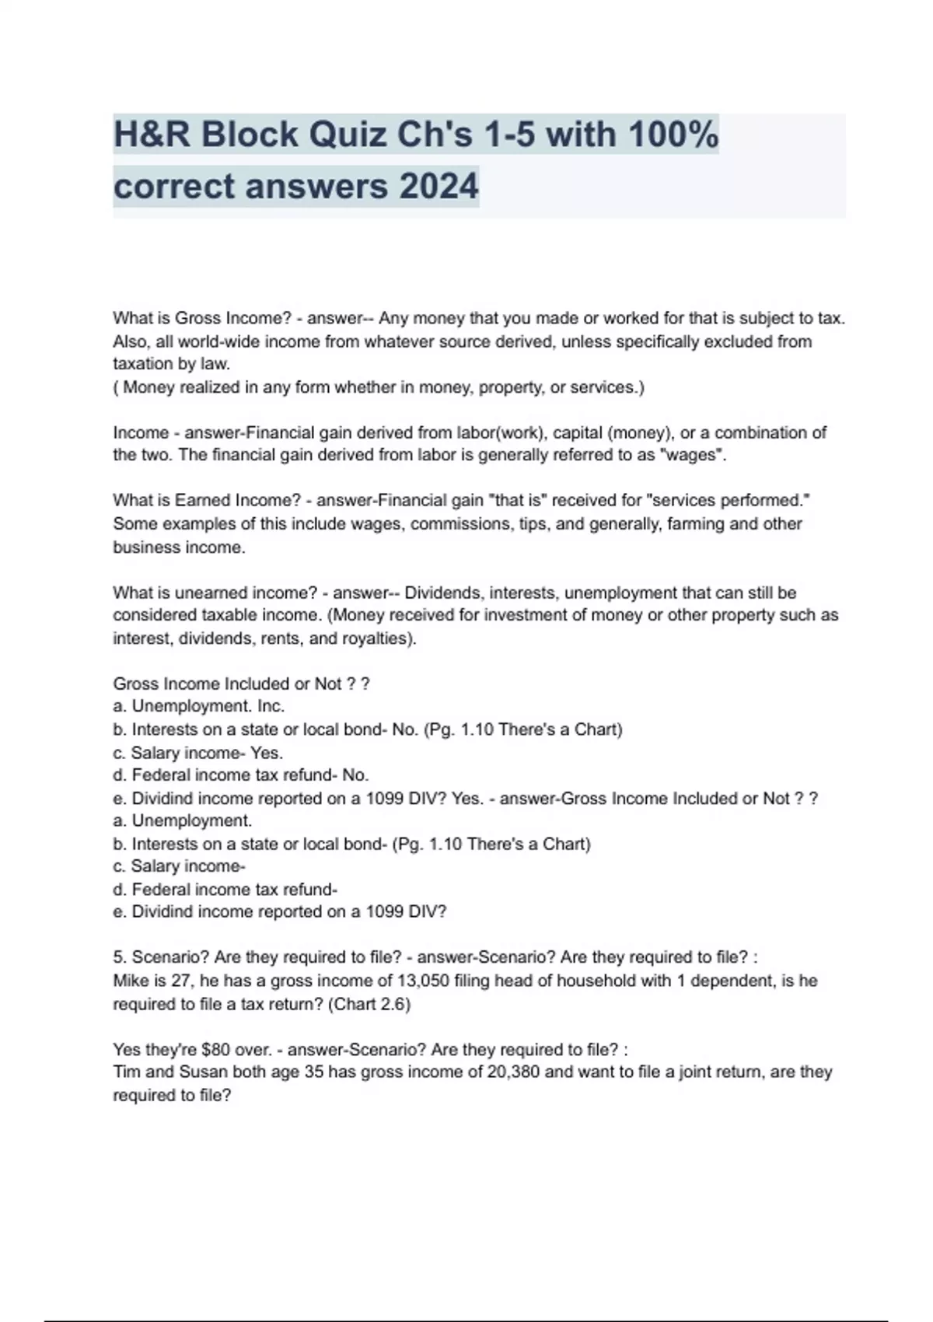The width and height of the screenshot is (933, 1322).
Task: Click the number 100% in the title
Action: tap(673, 135)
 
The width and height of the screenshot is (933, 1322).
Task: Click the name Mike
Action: tap(131, 981)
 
